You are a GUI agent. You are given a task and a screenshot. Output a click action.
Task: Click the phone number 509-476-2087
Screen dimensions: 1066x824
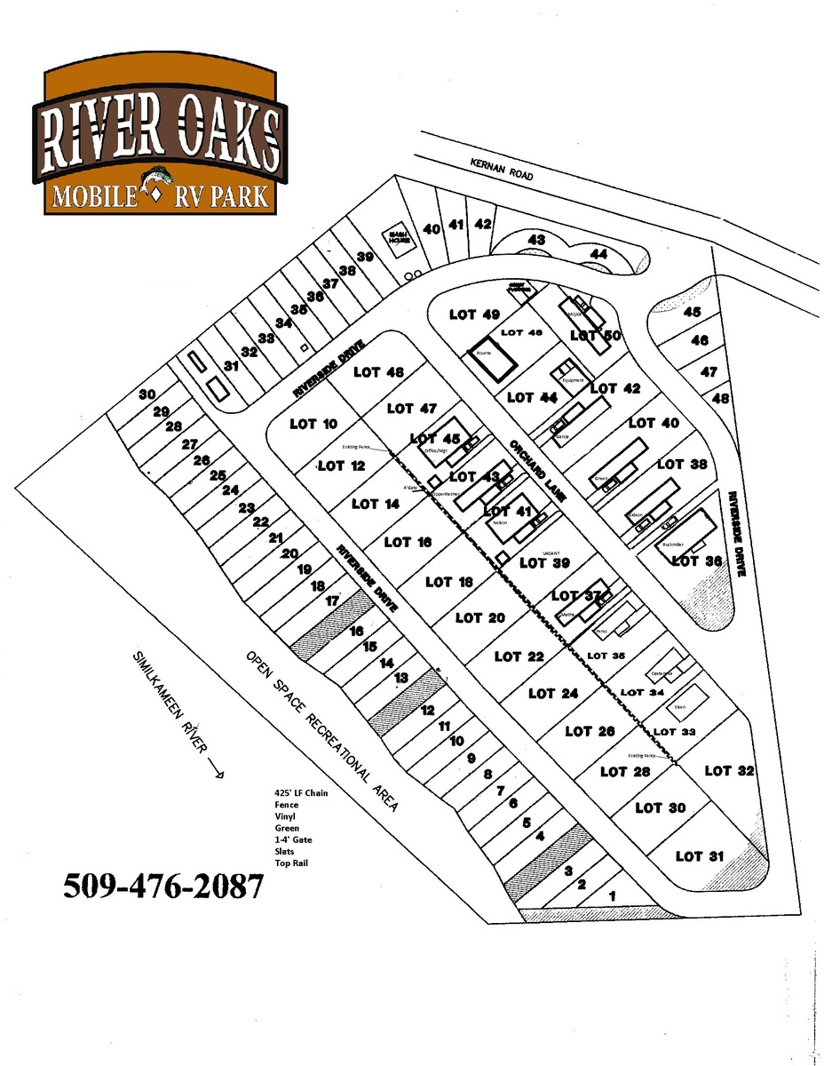(162, 885)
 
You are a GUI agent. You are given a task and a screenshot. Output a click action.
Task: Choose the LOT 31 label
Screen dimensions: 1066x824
(701, 856)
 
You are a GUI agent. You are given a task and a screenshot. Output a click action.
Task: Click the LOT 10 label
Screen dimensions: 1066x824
(314, 425)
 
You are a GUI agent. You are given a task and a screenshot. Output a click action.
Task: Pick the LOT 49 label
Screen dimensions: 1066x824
(475, 314)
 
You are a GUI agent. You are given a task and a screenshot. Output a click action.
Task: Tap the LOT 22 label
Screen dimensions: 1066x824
(519, 656)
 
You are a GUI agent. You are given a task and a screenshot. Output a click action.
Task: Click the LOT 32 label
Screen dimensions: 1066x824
(729, 770)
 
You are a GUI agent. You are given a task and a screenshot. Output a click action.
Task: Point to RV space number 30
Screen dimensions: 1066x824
(147, 394)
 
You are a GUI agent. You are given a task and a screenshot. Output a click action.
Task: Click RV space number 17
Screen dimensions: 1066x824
(332, 601)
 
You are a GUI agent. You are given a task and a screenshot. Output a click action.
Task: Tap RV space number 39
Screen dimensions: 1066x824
(365, 257)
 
